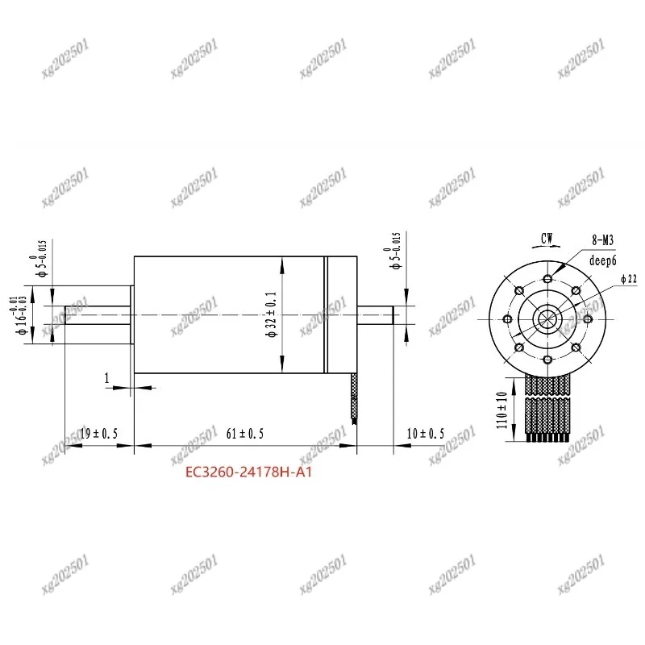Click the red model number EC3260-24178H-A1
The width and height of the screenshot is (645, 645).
[x=249, y=473]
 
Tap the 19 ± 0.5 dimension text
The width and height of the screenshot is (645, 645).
[x=98, y=434]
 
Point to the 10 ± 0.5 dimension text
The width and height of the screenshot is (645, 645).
[x=425, y=434]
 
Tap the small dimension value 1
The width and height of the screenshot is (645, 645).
[x=106, y=377]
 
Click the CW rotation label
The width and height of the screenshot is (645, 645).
[x=547, y=238]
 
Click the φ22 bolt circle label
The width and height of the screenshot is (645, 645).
[x=628, y=279]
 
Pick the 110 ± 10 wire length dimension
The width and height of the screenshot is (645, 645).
[x=503, y=410]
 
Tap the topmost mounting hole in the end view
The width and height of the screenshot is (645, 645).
[x=547, y=279]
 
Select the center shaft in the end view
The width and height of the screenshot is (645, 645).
[x=547, y=318]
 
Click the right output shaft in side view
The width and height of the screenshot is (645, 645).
[x=376, y=314]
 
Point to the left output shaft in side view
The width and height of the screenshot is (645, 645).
[x=98, y=314]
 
